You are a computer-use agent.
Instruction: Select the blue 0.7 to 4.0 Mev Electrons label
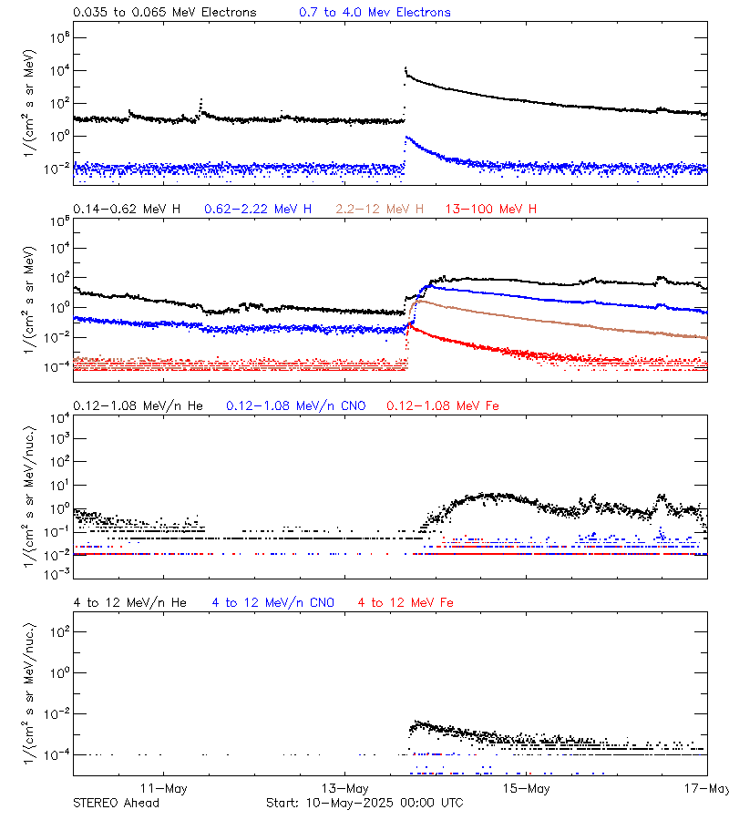coord(375,13)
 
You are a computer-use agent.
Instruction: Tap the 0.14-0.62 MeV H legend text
coord(127,210)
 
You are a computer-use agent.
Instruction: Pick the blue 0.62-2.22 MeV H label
coord(258,210)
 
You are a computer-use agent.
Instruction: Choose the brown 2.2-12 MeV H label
coord(380,210)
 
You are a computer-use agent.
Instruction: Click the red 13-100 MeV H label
coord(491,210)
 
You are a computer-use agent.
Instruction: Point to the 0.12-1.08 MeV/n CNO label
coord(295,405)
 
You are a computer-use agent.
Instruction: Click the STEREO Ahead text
coord(116,803)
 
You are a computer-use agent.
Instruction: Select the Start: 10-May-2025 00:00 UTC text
coord(364,803)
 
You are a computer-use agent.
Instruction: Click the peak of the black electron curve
coord(405,68)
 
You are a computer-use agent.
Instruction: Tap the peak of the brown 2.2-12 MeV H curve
coord(417,301)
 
